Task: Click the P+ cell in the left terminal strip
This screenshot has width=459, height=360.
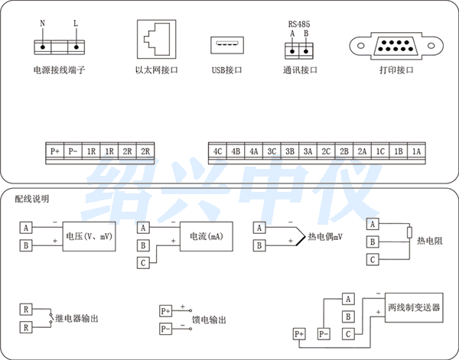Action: coord(55,151)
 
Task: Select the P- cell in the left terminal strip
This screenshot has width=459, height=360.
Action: coord(73,151)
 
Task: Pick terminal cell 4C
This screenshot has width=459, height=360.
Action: coord(217,151)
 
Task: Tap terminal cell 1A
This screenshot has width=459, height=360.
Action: coord(417,151)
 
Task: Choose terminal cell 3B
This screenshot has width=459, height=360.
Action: coord(290,151)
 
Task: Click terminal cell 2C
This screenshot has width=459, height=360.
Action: coord(327,151)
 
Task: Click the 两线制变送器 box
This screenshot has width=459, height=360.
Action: coord(413,306)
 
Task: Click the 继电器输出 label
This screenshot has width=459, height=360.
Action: coord(77,318)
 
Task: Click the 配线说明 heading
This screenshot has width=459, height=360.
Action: coord(31,199)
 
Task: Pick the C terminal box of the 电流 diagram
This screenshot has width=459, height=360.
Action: coord(143,263)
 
